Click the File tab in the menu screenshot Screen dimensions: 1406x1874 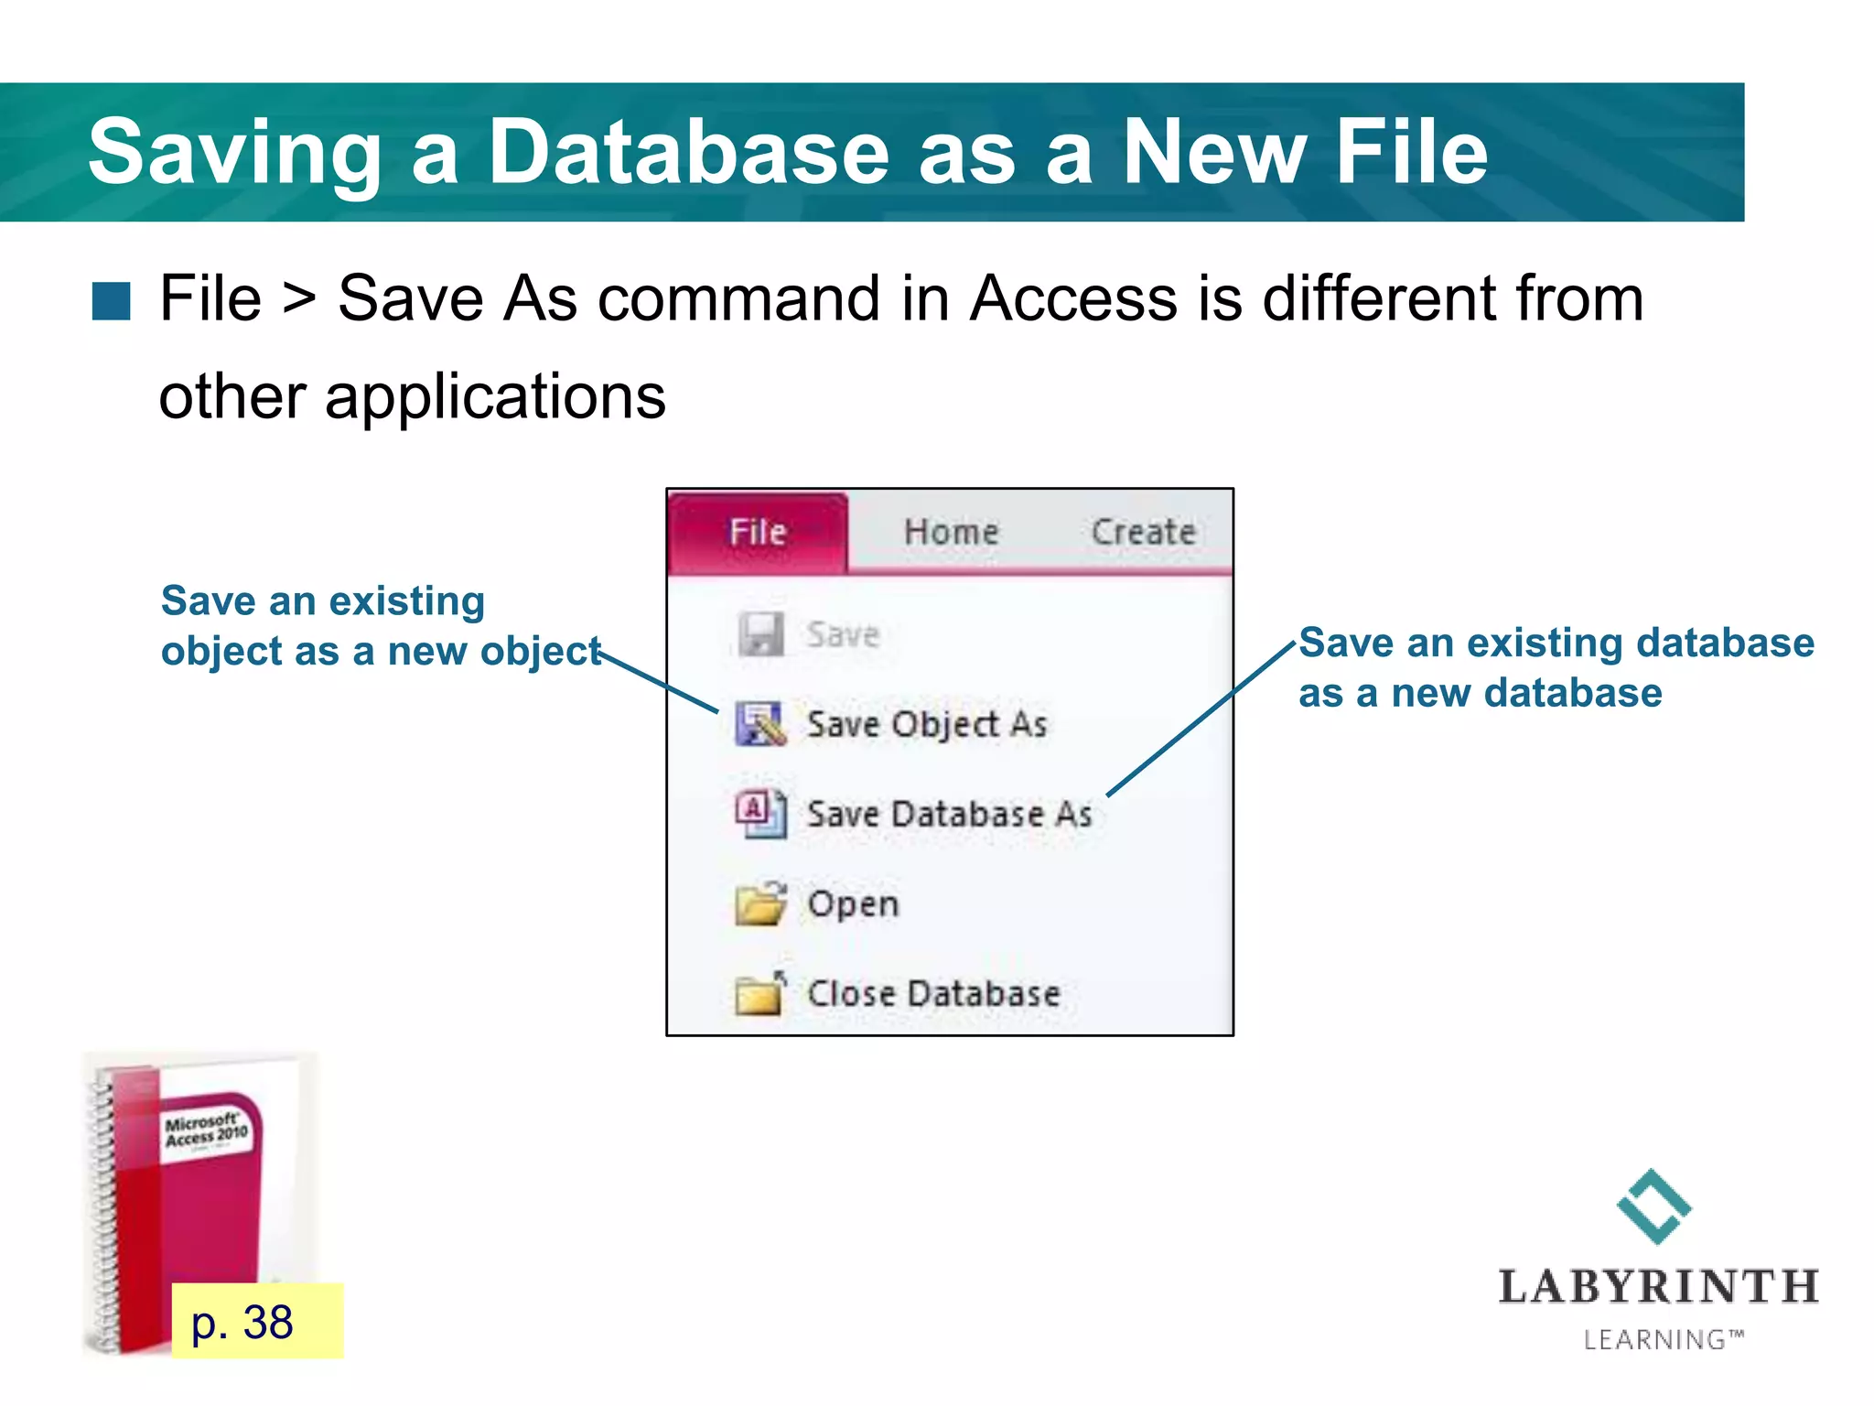[758, 532]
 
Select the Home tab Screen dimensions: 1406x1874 [951, 532]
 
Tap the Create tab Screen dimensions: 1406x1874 [1143, 532]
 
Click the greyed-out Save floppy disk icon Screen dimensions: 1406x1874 [760, 634]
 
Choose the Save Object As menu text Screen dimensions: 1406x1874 [926, 725]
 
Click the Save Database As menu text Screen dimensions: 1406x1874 [949, 815]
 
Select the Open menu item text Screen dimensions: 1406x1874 [853, 904]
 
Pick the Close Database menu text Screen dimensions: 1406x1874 [933, 994]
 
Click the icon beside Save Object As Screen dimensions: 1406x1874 [760, 724]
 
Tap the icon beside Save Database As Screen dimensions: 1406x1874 [760, 814]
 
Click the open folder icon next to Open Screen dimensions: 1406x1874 [760, 903]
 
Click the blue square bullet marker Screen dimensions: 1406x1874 [112, 301]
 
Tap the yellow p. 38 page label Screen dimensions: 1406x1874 [256, 1321]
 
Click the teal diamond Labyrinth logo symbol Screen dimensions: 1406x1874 [1653, 1206]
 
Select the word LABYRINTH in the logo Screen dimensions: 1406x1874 [1658, 1287]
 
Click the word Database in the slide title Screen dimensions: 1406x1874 [688, 152]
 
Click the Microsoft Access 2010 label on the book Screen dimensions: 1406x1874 [206, 1130]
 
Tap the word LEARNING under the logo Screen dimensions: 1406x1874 [1654, 1340]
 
